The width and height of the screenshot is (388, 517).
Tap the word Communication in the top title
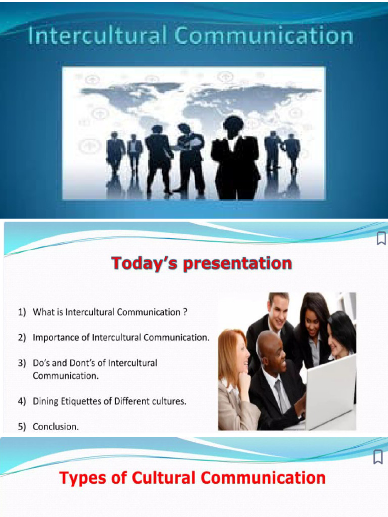click(x=264, y=36)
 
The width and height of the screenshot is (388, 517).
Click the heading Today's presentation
click(x=201, y=263)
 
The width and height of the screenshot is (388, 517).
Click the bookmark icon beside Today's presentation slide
click(x=381, y=239)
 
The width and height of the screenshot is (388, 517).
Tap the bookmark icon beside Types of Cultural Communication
click(x=377, y=457)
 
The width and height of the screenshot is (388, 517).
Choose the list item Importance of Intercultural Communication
click(x=120, y=338)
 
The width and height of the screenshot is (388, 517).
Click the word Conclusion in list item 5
click(x=56, y=427)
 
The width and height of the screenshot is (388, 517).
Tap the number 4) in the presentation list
click(x=22, y=402)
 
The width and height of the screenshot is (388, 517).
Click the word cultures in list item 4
click(x=169, y=402)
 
